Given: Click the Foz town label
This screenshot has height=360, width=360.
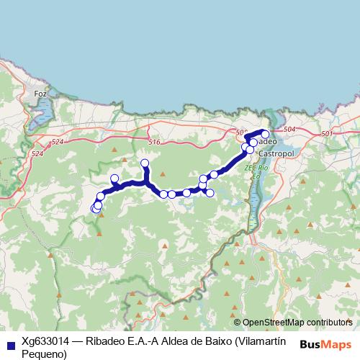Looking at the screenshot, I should click(40, 94).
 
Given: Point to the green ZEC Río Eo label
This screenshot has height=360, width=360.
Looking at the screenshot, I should click(256, 171).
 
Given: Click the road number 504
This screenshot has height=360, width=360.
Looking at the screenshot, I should click(289, 130).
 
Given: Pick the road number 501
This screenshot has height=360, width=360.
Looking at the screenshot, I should click(328, 134).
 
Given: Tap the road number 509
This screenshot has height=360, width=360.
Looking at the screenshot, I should click(241, 132).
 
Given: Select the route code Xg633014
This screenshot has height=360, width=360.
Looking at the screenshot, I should click(47, 342).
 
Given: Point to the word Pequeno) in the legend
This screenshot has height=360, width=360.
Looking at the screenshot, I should click(44, 354).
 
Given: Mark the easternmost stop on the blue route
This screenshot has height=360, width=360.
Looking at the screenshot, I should click(265, 134).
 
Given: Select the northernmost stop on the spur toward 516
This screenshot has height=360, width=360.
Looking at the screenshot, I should click(145, 163).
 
